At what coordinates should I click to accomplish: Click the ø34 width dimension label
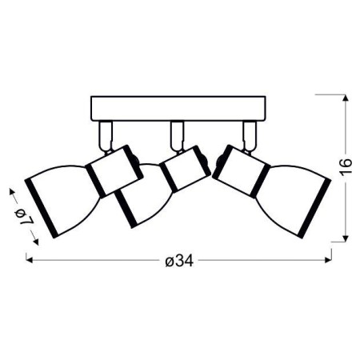179,260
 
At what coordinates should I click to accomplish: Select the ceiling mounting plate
178,106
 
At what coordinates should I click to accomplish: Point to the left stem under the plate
104,131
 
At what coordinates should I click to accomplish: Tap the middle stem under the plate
176,132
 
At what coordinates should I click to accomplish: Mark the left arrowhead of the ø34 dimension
30,259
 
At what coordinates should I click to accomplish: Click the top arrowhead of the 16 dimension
345,98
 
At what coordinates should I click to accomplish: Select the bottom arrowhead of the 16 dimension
345,237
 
